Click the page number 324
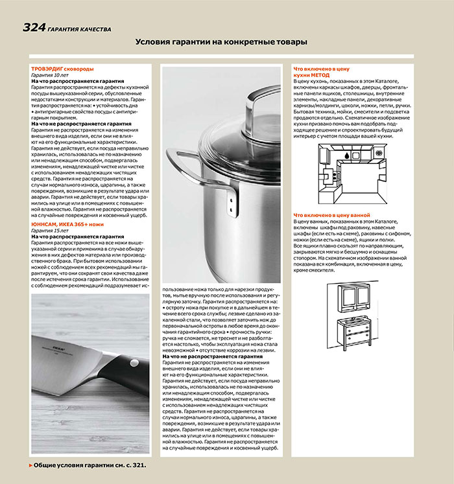34,27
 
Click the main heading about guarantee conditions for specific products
221,42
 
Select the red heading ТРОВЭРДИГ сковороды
62,69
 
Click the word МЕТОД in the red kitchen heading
320,75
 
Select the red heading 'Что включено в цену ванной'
331,214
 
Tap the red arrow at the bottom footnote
30,465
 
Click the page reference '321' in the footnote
136,465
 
